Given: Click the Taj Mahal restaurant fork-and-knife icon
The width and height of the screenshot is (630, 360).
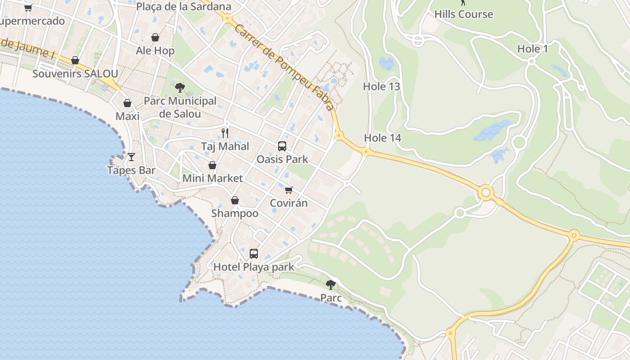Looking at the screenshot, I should (x=225, y=133).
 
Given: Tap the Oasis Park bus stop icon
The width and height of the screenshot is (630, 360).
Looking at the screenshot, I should (x=282, y=146).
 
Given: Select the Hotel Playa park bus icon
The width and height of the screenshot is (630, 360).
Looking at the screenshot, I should (x=254, y=254).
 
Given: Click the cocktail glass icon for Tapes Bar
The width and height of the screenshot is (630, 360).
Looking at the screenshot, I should (x=131, y=157).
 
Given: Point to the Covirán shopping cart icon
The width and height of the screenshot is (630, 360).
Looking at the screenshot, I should (x=289, y=190).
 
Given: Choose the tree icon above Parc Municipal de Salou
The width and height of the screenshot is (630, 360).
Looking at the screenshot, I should (x=180, y=87).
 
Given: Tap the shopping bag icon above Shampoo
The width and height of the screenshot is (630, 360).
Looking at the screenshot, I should (x=235, y=200).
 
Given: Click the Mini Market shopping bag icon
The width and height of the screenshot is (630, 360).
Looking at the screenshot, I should (x=212, y=165).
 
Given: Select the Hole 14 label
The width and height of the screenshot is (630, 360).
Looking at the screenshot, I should (x=382, y=138).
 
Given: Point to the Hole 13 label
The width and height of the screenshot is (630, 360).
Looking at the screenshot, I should (x=382, y=86).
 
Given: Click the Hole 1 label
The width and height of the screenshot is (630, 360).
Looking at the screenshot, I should (x=532, y=49).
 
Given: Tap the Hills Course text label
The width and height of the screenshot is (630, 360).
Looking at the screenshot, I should (x=463, y=14).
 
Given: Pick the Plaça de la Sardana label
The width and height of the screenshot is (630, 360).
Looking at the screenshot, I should (x=184, y=7).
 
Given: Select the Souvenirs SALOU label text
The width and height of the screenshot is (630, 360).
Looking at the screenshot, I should (x=75, y=74).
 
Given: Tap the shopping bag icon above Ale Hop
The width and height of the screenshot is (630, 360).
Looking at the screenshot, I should (x=155, y=37).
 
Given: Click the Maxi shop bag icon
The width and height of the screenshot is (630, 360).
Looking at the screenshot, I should (x=127, y=103).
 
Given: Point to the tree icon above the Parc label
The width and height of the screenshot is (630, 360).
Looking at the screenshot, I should (x=331, y=284).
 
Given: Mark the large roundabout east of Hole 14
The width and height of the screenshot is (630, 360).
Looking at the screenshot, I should (x=486, y=193).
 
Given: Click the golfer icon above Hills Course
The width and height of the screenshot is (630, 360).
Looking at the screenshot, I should (x=463, y=2).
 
